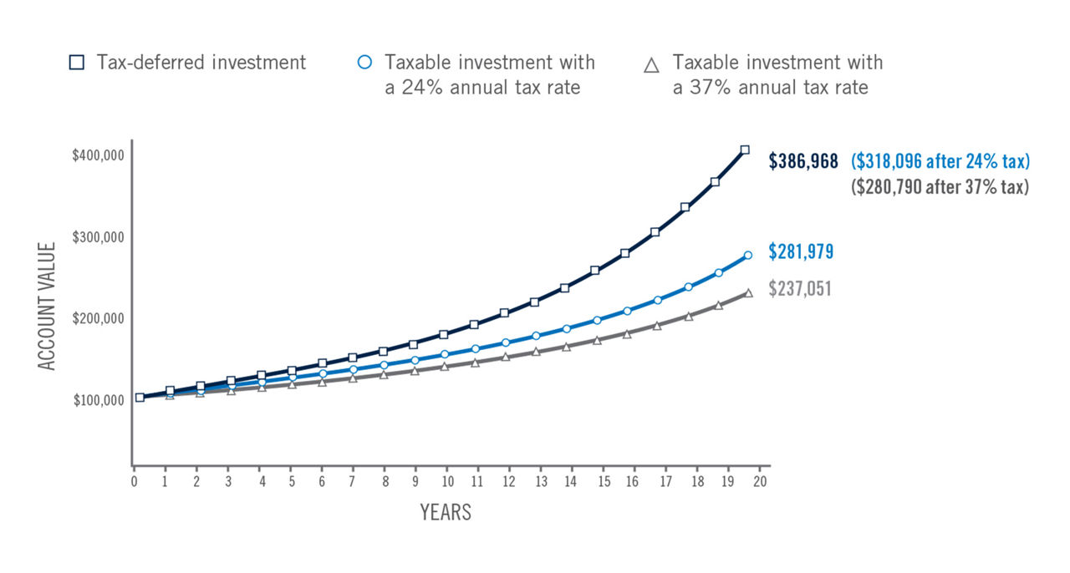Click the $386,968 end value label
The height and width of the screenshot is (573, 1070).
(x=803, y=161)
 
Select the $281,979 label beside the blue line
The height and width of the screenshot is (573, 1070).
(x=801, y=251)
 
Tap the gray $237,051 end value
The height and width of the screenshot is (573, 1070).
(x=801, y=289)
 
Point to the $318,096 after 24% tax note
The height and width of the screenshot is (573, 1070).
(x=940, y=161)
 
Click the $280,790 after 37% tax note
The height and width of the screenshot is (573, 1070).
(x=940, y=187)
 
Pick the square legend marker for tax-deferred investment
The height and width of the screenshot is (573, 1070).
(x=77, y=63)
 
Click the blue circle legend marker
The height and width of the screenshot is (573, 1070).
(x=364, y=63)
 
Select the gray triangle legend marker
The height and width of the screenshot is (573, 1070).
(x=652, y=63)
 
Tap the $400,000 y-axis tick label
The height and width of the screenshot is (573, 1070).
(x=98, y=155)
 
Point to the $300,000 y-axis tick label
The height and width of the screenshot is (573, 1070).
(x=98, y=237)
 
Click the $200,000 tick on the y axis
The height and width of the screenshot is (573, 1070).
(x=98, y=318)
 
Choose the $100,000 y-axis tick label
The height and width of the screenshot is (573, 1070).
(x=98, y=400)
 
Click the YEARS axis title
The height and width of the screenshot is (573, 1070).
(x=446, y=512)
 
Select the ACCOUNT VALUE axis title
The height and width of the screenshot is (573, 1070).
(x=47, y=306)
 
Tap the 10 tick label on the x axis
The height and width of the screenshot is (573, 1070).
(x=447, y=482)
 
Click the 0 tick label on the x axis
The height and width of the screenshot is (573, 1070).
(x=134, y=482)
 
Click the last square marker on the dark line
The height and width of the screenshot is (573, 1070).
(x=745, y=150)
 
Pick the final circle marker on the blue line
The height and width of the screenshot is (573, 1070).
(x=748, y=256)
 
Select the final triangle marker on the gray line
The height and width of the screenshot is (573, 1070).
(x=749, y=293)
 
